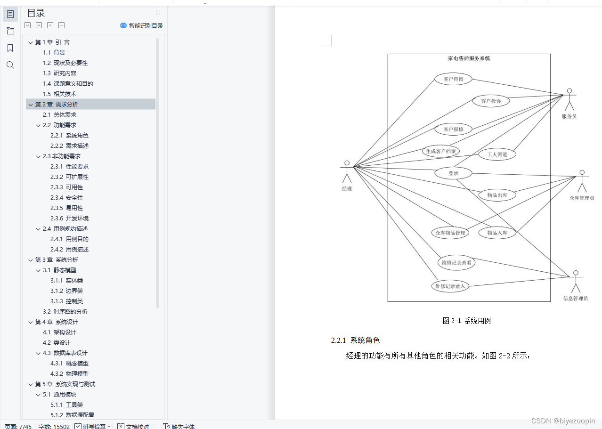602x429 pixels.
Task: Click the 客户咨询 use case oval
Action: (453, 79)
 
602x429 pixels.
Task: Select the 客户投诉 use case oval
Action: (491, 101)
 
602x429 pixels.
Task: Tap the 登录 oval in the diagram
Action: (453, 173)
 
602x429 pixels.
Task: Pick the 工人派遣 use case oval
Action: (497, 154)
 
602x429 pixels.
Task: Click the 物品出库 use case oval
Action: (497, 195)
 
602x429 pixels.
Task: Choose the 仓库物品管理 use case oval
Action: (450, 233)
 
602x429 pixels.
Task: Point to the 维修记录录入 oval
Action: (450, 286)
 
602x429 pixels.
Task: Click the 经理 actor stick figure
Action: (347, 172)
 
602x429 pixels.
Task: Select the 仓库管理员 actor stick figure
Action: (582, 181)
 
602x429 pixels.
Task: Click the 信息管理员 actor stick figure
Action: (575, 282)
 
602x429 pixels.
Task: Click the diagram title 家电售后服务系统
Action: (469, 58)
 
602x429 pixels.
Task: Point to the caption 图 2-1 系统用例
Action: (467, 321)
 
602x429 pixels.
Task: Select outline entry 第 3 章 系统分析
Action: (57, 260)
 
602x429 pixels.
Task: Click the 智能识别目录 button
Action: (142, 26)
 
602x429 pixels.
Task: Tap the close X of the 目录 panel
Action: (158, 13)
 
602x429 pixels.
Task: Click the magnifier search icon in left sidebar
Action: (10, 65)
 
